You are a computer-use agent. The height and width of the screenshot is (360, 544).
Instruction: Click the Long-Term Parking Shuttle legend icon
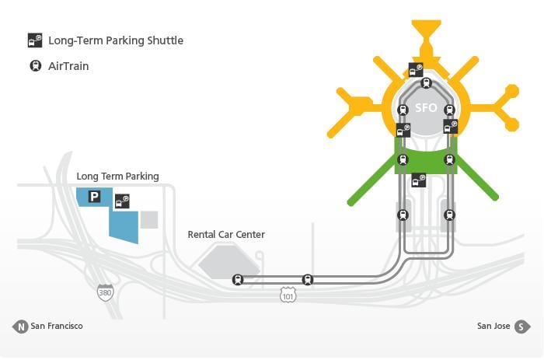(x=35, y=40)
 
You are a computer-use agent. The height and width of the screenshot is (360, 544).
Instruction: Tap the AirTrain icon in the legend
(x=36, y=65)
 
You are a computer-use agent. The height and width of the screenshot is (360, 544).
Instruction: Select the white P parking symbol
(x=94, y=197)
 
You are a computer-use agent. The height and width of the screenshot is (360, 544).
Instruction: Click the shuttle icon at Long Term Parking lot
(x=122, y=201)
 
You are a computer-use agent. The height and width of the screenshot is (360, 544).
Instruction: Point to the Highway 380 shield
(x=105, y=292)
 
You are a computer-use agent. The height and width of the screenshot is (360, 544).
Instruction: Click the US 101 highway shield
(x=288, y=295)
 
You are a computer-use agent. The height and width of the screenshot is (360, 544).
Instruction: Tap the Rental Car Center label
(x=226, y=235)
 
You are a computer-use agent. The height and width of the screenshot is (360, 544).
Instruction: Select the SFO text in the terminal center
(x=426, y=108)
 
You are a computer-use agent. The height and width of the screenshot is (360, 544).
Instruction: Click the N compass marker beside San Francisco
(x=21, y=327)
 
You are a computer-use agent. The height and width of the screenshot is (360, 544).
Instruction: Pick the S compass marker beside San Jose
(x=522, y=327)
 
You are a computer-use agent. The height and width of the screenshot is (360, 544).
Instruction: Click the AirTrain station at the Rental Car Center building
(x=238, y=279)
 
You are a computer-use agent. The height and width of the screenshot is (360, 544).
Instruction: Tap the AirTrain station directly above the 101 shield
(x=308, y=279)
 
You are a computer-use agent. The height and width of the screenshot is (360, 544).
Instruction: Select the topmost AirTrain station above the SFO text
(x=427, y=83)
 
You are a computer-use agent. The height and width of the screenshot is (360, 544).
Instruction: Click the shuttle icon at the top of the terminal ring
(x=416, y=70)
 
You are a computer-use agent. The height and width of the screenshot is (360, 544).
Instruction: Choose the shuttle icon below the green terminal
(x=419, y=180)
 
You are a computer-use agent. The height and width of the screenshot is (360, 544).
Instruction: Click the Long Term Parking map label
(x=117, y=177)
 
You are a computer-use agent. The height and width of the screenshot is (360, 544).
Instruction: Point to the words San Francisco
(x=57, y=326)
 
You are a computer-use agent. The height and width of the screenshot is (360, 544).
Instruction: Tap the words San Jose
(x=493, y=326)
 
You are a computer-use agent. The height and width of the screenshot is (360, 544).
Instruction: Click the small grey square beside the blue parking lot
(x=149, y=220)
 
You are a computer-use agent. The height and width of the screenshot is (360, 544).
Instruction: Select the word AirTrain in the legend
(x=68, y=66)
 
